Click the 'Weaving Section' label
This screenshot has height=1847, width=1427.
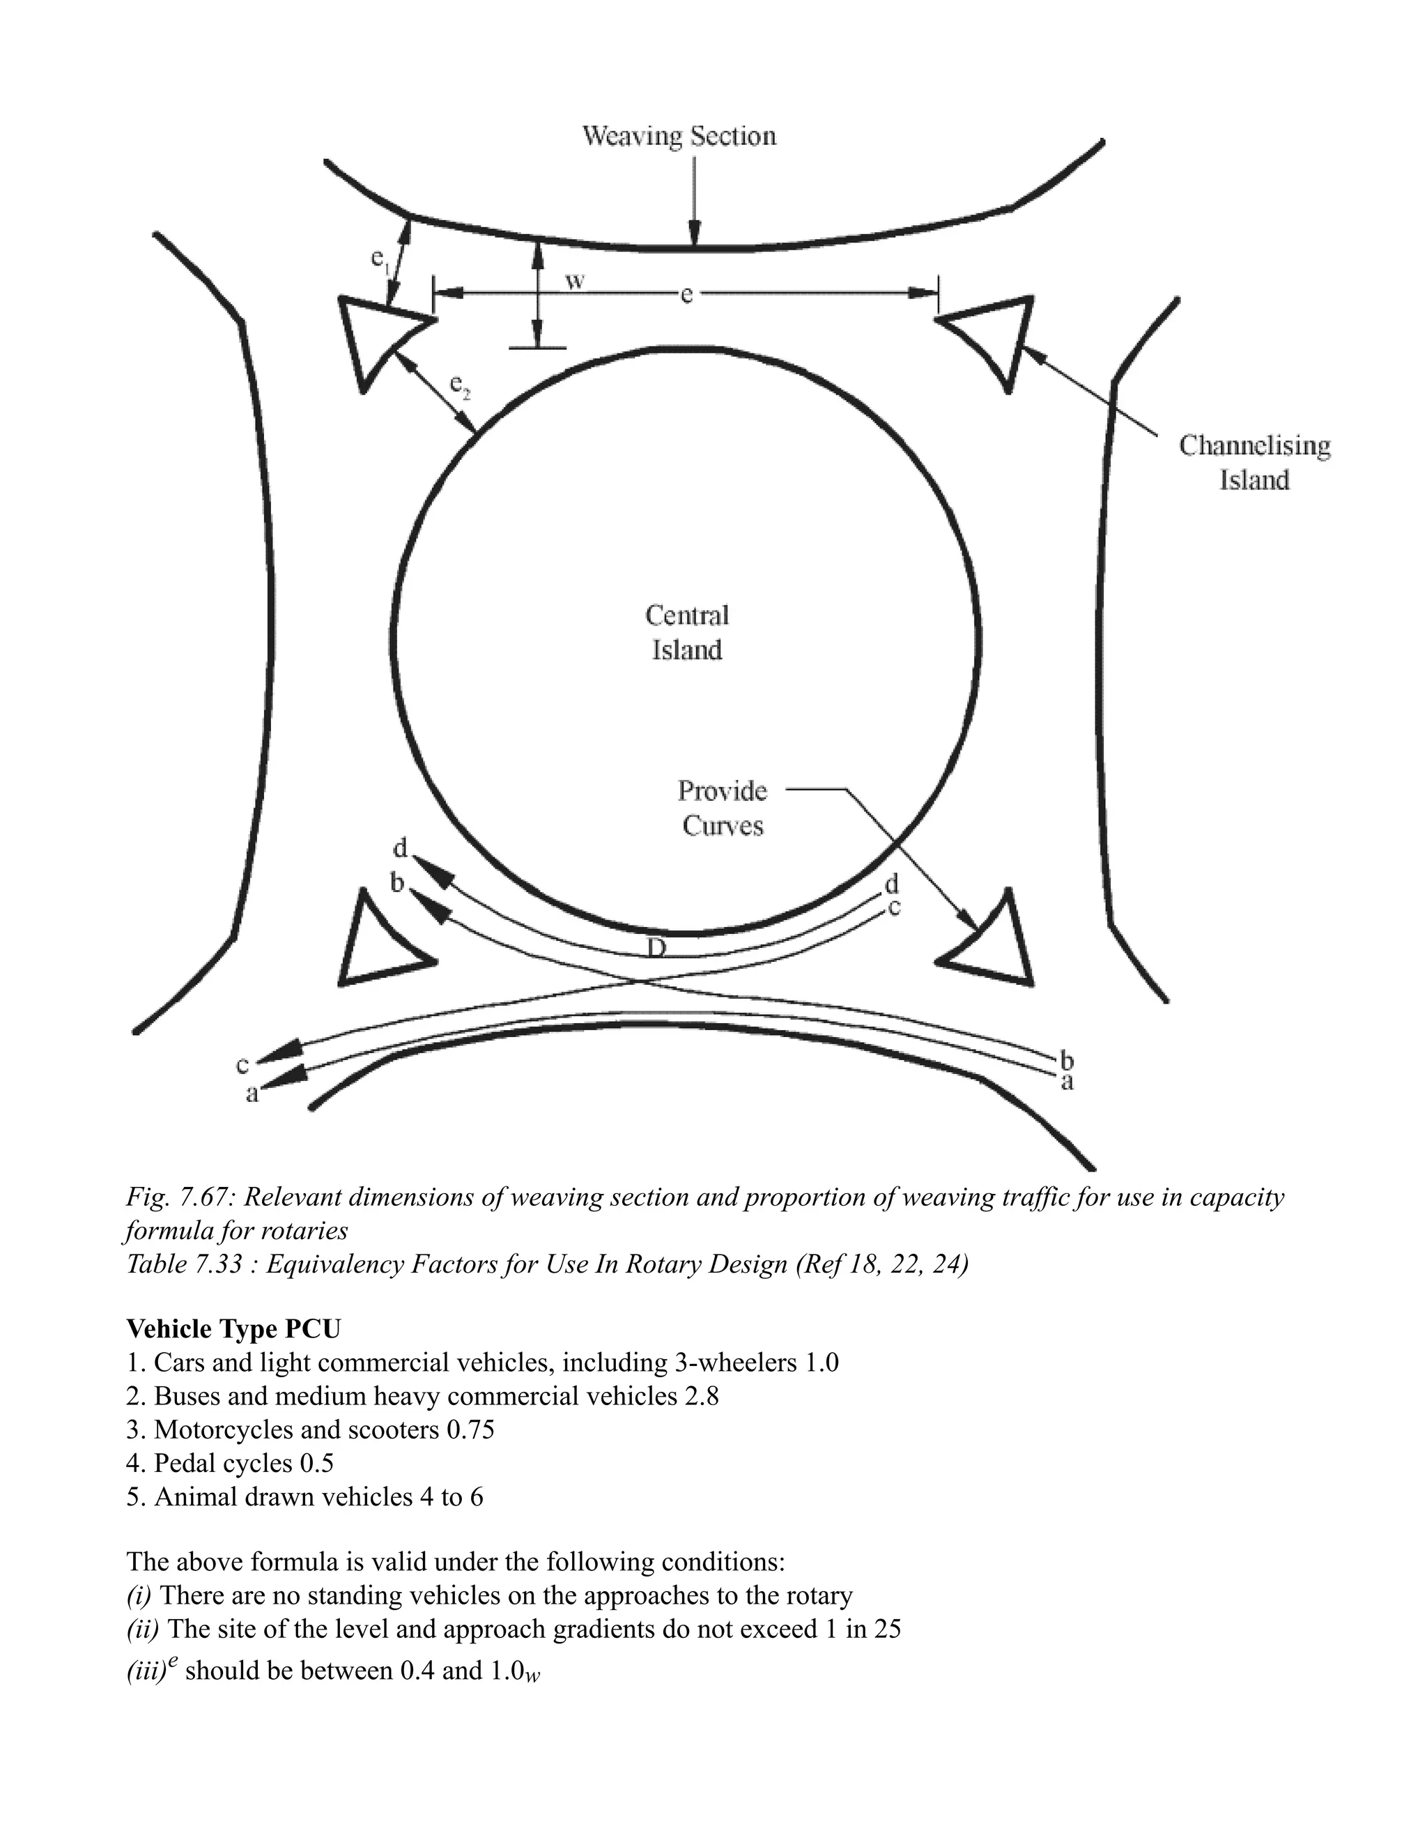(x=679, y=136)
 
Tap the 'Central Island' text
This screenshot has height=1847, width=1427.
(x=686, y=633)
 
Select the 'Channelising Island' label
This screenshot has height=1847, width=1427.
(x=1254, y=463)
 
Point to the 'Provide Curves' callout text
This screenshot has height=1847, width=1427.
(x=723, y=808)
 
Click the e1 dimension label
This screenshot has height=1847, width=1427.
(x=380, y=259)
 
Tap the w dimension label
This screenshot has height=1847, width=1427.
(x=575, y=281)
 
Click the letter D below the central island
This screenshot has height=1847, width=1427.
(x=657, y=948)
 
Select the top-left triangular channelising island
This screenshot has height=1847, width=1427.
(x=378, y=334)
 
